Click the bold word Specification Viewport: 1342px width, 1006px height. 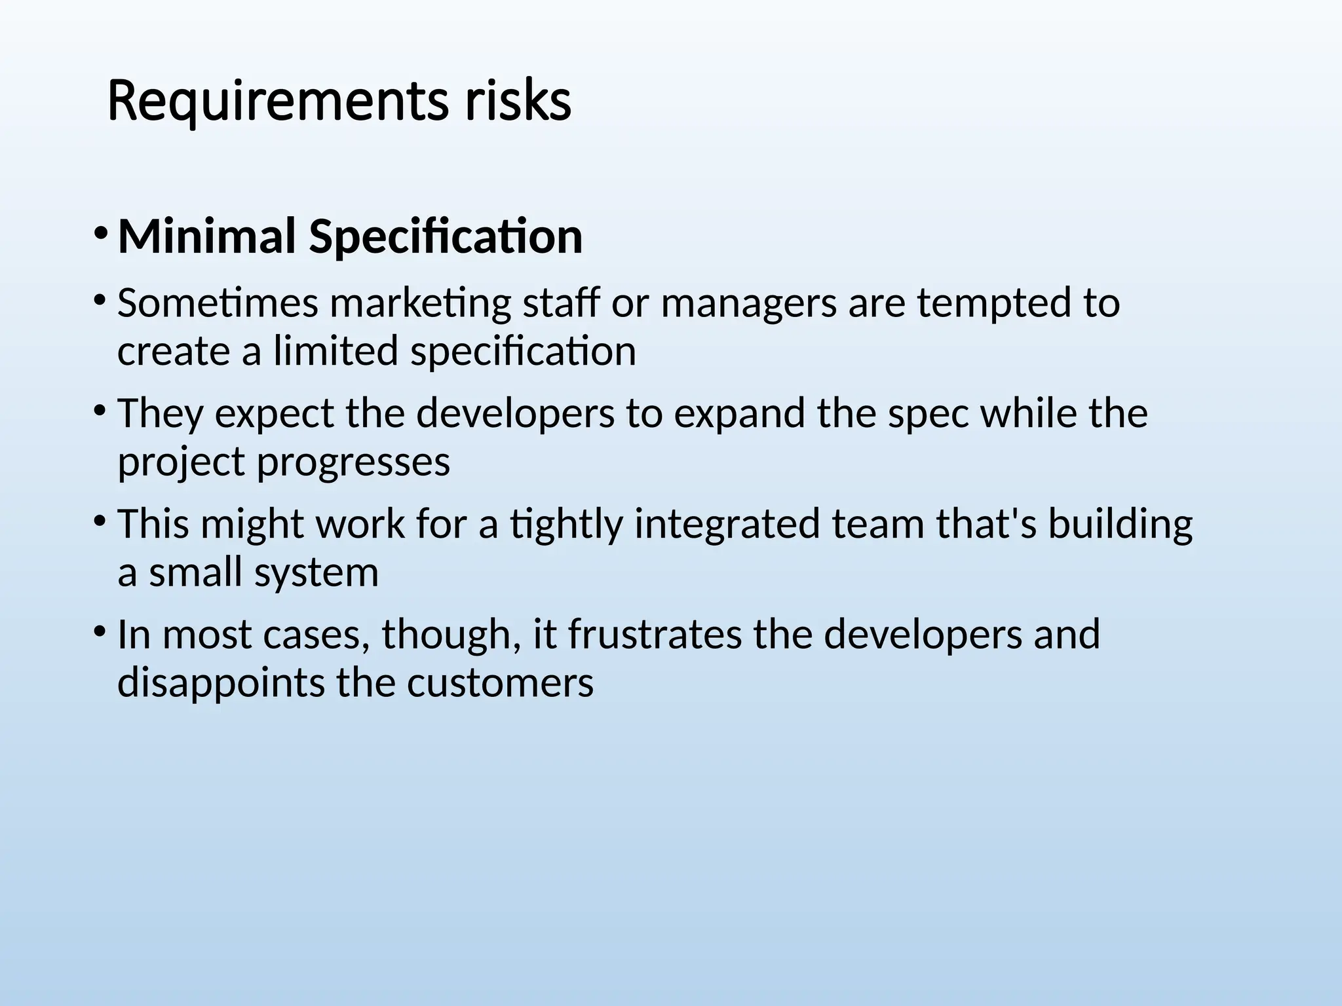click(446, 237)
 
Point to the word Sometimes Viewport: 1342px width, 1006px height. click(218, 303)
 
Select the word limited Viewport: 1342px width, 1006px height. click(335, 351)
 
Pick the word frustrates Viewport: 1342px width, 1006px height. click(655, 635)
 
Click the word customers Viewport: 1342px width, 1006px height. click(500, 683)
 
